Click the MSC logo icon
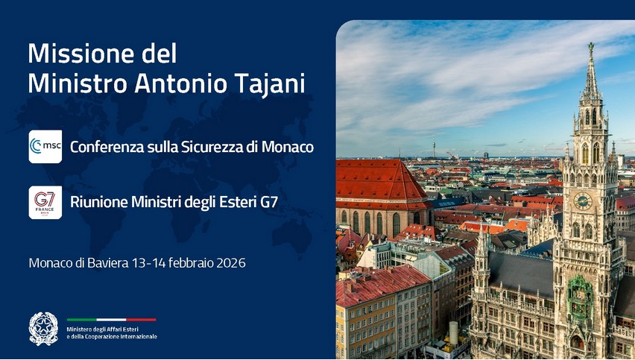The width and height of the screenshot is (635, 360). click(45, 147)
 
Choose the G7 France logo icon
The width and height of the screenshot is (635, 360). click(45, 203)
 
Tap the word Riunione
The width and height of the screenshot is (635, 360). click(95, 202)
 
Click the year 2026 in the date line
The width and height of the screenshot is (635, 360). click(231, 263)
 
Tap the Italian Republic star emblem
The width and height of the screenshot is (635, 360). click(44, 329)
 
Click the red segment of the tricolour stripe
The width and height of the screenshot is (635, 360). click(141, 320)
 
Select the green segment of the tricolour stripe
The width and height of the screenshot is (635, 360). click(81, 320)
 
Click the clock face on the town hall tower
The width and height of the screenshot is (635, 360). click(583, 200)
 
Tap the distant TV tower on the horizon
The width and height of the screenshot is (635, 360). click(434, 148)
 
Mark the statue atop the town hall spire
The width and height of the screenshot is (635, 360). click(591, 46)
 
